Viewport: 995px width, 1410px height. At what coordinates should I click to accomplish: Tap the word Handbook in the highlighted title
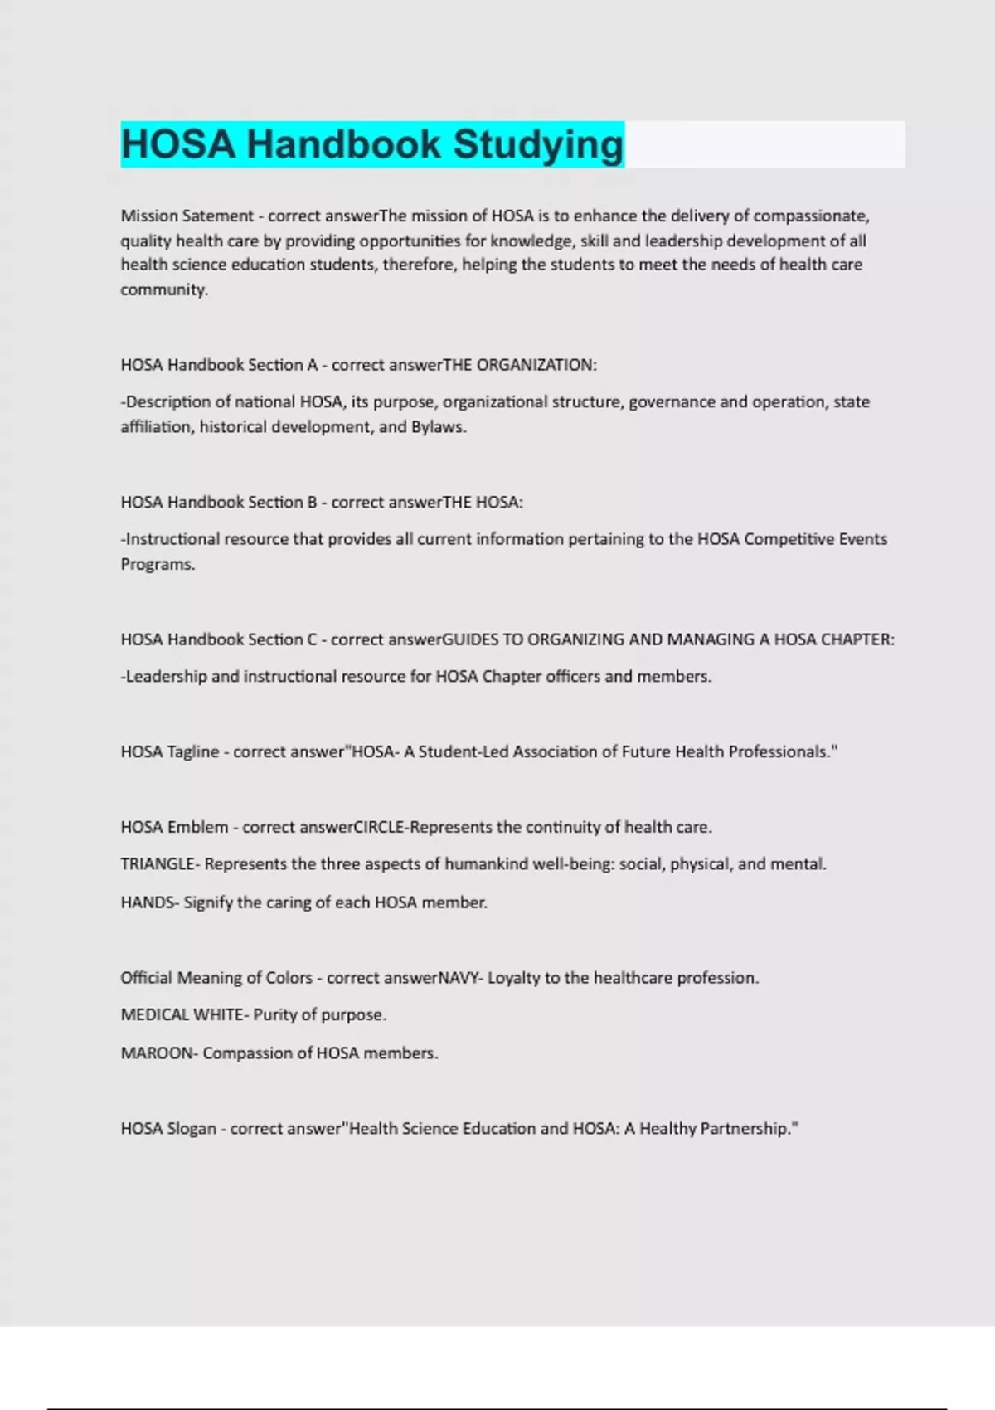[343, 144]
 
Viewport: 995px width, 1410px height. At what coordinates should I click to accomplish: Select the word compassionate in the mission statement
[810, 216]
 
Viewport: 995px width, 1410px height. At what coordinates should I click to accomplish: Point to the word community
[163, 289]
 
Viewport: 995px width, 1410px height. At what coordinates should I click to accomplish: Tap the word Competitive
[789, 539]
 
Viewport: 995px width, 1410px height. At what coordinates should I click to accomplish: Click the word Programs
[157, 564]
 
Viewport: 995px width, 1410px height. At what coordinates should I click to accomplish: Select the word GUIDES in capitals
[470, 639]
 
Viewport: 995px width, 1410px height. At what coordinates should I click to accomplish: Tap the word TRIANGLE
[158, 864]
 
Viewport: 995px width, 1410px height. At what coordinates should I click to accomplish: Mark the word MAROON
[156, 1053]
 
